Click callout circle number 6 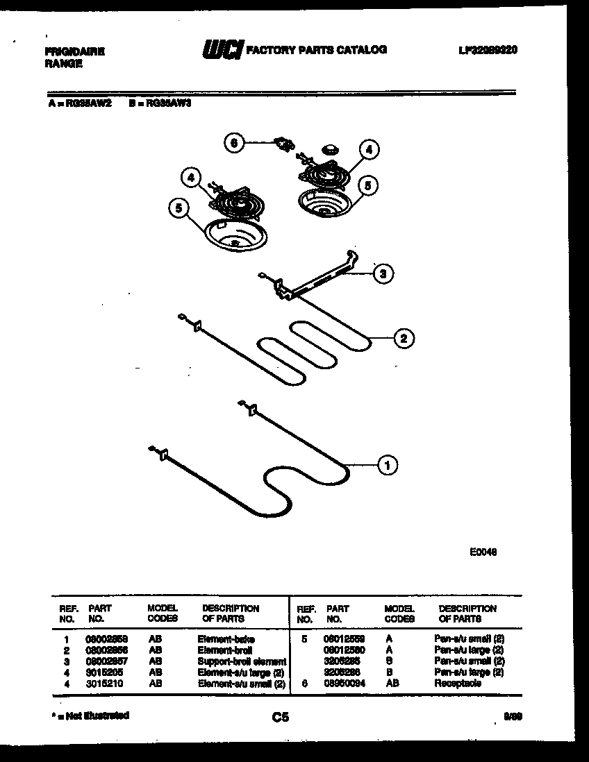tap(234, 143)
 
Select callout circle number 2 tap(403, 339)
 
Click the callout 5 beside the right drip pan tap(368, 185)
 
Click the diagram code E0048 tap(483, 552)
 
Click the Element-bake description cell tap(226, 638)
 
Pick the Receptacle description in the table tap(458, 684)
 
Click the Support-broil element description tap(241, 661)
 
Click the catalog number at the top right tap(488, 50)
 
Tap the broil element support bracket tap(316, 278)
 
